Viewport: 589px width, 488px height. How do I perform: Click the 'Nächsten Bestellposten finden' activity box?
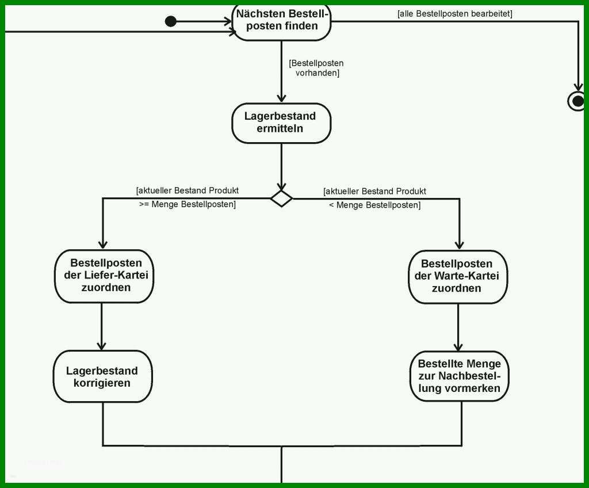pyautogui.click(x=282, y=22)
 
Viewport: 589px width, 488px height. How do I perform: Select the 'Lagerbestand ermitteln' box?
pyautogui.click(x=281, y=123)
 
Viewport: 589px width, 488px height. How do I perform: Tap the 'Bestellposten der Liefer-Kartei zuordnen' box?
pyautogui.click(x=104, y=276)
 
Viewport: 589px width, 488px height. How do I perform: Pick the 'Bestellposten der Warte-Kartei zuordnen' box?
pyautogui.click(x=458, y=277)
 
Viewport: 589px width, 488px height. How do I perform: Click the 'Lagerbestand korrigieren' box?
pyautogui.click(x=103, y=376)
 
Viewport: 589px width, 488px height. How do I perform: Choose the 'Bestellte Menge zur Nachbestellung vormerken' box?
pyautogui.click(x=460, y=376)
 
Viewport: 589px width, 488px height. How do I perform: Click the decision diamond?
pyautogui.click(x=281, y=199)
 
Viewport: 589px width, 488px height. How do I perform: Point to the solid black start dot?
pyautogui.click(x=170, y=21)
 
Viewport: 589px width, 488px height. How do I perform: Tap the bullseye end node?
pyautogui.click(x=577, y=101)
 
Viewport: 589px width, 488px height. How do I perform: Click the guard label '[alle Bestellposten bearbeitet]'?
pyautogui.click(x=454, y=14)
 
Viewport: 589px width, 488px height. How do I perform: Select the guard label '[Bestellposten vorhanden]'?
pyautogui.click(x=316, y=68)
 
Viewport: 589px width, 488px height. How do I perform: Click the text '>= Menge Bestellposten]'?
pyautogui.click(x=188, y=204)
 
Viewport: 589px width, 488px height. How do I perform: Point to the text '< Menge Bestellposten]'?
pyautogui.click(x=375, y=205)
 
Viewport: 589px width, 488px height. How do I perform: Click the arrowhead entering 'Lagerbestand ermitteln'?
pyautogui.click(x=281, y=98)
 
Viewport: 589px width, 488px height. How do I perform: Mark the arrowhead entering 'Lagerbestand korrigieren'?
pyautogui.click(x=101, y=346)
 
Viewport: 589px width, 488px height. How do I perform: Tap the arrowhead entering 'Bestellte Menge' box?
pyautogui.click(x=458, y=346)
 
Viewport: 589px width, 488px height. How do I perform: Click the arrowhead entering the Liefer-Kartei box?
pyautogui.click(x=103, y=245)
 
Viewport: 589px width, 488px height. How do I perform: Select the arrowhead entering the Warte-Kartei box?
pyautogui.click(x=460, y=245)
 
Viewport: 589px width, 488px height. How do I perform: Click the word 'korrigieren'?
pyautogui.click(x=102, y=383)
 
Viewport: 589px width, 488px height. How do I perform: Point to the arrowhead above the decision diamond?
pyautogui.click(x=281, y=186)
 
